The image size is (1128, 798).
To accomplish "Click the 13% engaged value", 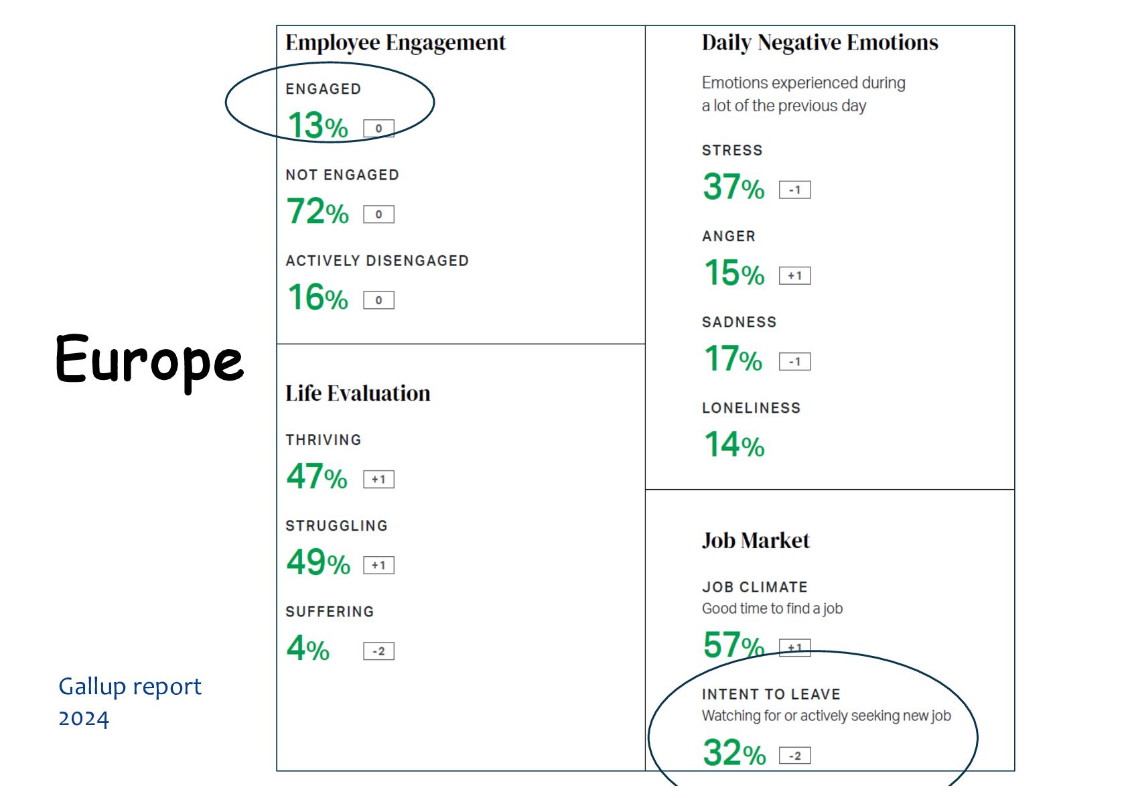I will tap(318, 125).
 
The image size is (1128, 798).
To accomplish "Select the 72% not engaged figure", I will tap(318, 212).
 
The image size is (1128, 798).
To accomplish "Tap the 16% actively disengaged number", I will tap(318, 297).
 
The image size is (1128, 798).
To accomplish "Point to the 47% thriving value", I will tap(317, 476).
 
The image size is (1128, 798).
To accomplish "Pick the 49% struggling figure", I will tap(318, 562).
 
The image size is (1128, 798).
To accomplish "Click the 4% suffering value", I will tap(308, 648).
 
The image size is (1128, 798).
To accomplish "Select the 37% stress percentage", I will tap(733, 187).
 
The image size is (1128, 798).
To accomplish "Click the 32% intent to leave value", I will tap(734, 752).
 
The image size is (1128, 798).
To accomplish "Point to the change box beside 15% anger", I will tap(794, 275).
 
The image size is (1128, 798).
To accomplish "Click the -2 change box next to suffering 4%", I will tap(378, 651).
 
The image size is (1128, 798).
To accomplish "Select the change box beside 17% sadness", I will tap(794, 361).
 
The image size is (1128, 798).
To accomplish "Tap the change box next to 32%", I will tap(794, 755).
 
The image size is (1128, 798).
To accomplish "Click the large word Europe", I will tap(149, 360).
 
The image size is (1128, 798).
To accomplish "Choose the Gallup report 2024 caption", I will tap(130, 702).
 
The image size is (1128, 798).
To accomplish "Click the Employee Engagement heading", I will tap(395, 42).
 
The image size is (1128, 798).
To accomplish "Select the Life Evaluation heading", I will tap(358, 393).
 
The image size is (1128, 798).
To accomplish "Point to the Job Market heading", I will tap(756, 541).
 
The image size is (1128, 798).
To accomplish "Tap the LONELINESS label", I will tap(751, 408).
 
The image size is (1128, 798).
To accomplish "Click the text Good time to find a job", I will tap(772, 608).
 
